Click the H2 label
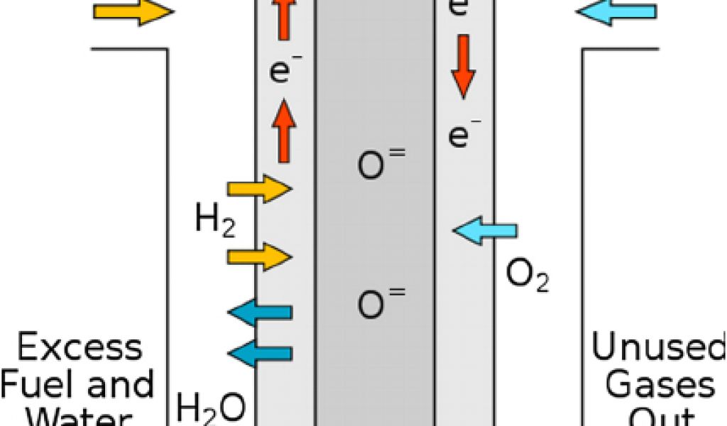pos(214,222)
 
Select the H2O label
pos(211,408)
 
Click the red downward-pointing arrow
pos(462,66)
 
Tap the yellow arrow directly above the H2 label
pos(259,188)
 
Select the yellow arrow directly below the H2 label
pos(259,256)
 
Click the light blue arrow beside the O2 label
pos(485,231)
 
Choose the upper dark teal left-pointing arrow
pos(260,312)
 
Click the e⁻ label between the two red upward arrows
pos(280,72)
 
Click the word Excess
pos(80,349)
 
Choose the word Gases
pos(660,386)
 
